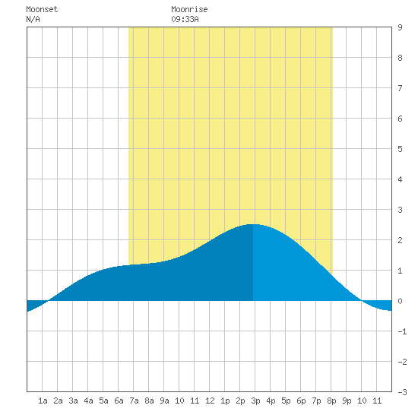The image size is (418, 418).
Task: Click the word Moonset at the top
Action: (42, 9)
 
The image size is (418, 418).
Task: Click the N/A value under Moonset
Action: (33, 19)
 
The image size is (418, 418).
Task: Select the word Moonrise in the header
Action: (189, 9)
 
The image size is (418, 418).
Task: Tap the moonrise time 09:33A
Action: (185, 19)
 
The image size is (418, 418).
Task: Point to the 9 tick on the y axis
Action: (400, 27)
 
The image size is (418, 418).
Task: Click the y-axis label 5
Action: (400, 149)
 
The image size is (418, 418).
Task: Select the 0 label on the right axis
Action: (400, 301)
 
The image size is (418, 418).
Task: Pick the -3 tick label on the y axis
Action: (402, 392)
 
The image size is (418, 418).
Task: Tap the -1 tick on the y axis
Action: (402, 331)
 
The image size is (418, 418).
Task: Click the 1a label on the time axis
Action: (43, 401)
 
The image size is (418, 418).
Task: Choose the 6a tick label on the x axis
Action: (119, 401)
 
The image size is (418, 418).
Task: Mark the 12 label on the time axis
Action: (210, 401)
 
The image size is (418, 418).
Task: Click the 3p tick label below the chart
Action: (255, 401)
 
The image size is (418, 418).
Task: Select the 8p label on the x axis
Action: (331, 401)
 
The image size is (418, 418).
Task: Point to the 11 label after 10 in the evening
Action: (377, 401)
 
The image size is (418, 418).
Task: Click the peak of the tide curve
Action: (253, 224)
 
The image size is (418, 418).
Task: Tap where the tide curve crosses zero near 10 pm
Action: (362, 301)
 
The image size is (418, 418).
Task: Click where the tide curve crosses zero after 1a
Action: (48, 301)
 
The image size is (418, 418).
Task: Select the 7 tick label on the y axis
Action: (400, 88)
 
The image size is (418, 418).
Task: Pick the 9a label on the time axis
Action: (164, 401)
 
